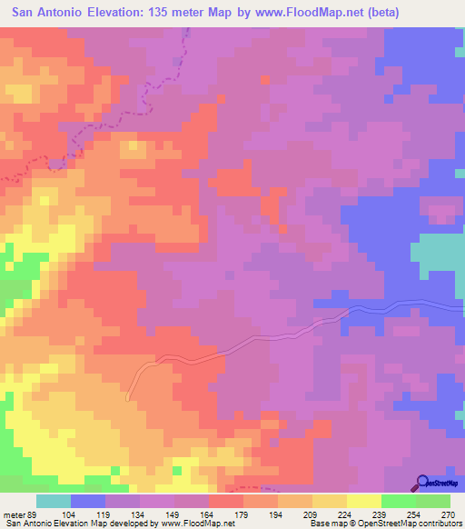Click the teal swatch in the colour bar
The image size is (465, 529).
54,502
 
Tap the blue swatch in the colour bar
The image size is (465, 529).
88,502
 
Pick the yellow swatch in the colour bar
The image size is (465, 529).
364,502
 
